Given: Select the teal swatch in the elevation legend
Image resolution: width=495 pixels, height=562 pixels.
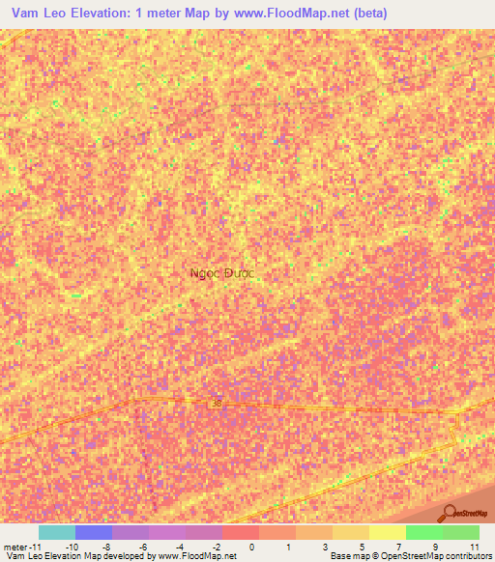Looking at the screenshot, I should click(x=57, y=532).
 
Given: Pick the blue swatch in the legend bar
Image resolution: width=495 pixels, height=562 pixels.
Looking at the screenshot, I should click(x=94, y=532).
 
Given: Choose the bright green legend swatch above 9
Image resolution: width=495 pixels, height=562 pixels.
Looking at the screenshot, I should click(x=423, y=532).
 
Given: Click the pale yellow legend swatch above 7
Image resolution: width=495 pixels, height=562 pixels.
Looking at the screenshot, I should click(x=387, y=532).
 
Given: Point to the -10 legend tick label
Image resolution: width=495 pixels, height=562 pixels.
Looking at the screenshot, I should click(x=71, y=547).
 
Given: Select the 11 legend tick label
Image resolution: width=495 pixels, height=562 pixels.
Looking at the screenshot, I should click(x=475, y=547).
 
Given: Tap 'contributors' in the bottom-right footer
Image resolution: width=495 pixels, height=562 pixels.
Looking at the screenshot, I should click(x=464, y=556).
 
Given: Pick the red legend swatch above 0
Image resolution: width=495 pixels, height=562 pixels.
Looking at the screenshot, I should click(x=241, y=532).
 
